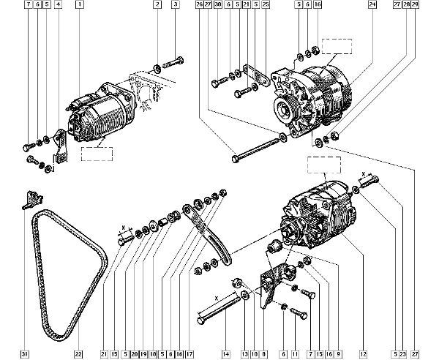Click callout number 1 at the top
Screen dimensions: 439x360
tap(80, 4)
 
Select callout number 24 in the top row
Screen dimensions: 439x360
tap(372, 4)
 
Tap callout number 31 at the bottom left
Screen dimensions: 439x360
tap(25, 354)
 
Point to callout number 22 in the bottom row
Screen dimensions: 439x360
tap(78, 354)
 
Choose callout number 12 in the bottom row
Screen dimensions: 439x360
tap(364, 354)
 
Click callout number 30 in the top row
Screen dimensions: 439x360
tap(218, 4)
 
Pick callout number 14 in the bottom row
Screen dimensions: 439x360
tap(226, 354)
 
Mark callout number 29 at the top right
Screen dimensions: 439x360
tap(415, 4)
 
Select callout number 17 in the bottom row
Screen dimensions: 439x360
tap(190, 354)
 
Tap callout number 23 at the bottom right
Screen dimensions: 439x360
tap(403, 354)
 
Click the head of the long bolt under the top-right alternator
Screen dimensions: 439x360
tap(235, 160)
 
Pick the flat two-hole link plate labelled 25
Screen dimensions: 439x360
tap(256, 76)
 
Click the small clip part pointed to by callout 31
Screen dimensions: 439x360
tap(33, 199)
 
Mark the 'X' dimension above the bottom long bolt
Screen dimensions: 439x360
tap(216, 299)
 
